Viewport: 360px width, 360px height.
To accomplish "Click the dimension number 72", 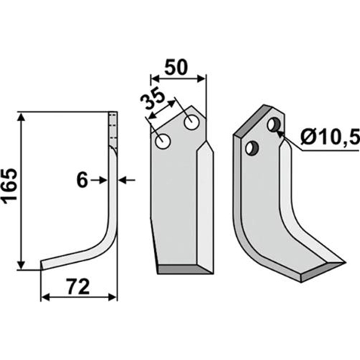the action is tap(78, 287).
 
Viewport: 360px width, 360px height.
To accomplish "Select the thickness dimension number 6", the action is tap(82, 181).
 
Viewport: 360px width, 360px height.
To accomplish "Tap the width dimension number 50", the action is tap(176, 68).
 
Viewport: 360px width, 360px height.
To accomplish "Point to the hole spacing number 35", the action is tap(153, 102).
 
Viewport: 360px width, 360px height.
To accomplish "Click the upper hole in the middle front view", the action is tap(192, 122).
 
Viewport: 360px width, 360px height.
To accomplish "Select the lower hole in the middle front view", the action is tap(163, 141).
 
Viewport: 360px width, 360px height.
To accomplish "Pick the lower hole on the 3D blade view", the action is tap(252, 148).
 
